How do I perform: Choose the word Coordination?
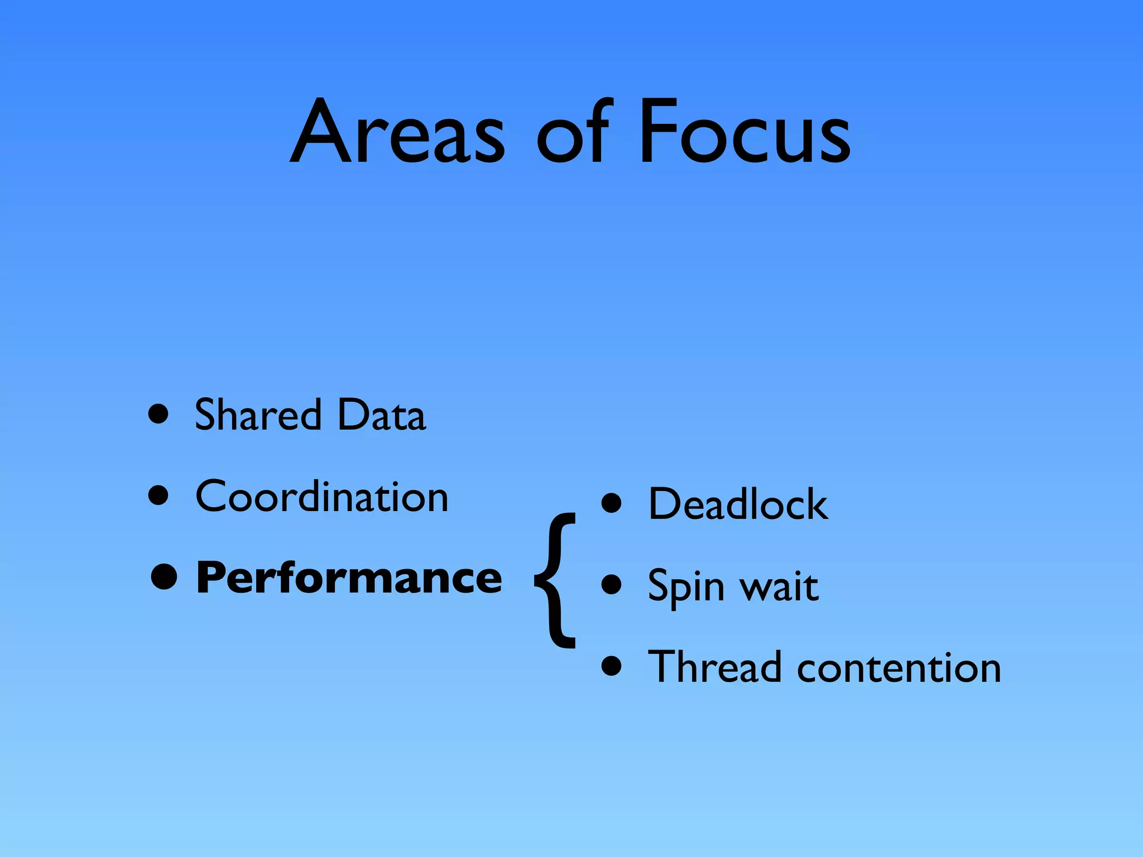(x=322, y=496)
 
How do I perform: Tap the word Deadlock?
(x=738, y=504)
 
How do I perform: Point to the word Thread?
(x=714, y=667)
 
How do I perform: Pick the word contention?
(x=899, y=668)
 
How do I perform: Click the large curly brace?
(x=555, y=580)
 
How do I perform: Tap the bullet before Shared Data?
(x=159, y=415)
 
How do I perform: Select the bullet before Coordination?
(x=159, y=495)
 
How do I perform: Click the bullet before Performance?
(x=164, y=577)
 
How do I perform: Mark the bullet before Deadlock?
(x=612, y=503)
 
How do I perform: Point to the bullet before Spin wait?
(x=612, y=585)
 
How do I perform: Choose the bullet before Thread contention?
(x=612, y=666)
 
